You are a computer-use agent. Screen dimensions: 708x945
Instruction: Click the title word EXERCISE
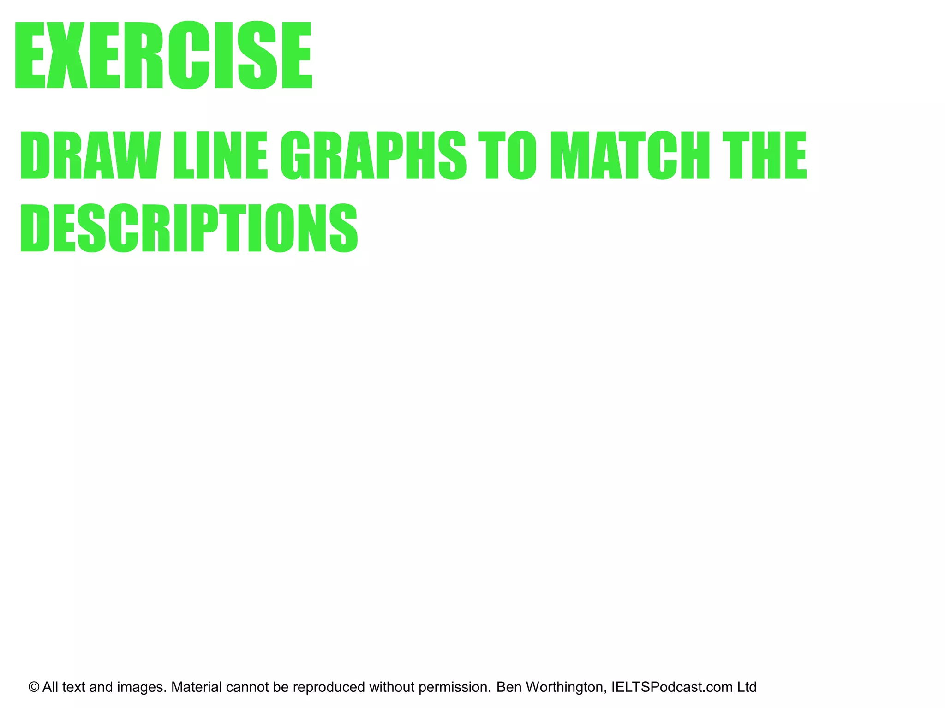click(163, 55)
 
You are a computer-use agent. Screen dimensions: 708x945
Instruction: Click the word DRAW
click(90, 155)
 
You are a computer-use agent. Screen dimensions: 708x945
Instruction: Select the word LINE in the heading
click(221, 155)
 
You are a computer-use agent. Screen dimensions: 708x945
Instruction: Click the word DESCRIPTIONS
click(189, 228)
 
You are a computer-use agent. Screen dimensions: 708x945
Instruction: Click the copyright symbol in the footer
click(34, 687)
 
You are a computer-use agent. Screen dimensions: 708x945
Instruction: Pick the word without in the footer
click(392, 687)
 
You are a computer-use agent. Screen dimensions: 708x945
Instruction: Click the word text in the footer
click(74, 687)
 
